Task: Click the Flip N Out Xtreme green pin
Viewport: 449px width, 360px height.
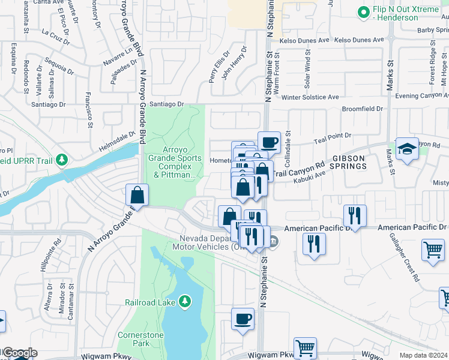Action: tap(363, 11)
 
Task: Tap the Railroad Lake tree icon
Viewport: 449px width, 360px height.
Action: tap(185, 300)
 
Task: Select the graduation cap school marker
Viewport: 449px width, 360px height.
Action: tap(408, 150)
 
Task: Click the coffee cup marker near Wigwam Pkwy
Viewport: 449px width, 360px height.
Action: tap(243, 319)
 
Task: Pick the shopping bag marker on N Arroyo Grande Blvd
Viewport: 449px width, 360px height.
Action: tap(137, 195)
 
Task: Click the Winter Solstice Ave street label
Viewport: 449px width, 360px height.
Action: tap(310, 97)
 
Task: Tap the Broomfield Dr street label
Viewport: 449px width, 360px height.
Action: tap(362, 109)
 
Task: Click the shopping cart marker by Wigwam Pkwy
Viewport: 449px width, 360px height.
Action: tap(306, 347)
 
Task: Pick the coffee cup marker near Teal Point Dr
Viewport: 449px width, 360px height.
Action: tap(269, 142)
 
